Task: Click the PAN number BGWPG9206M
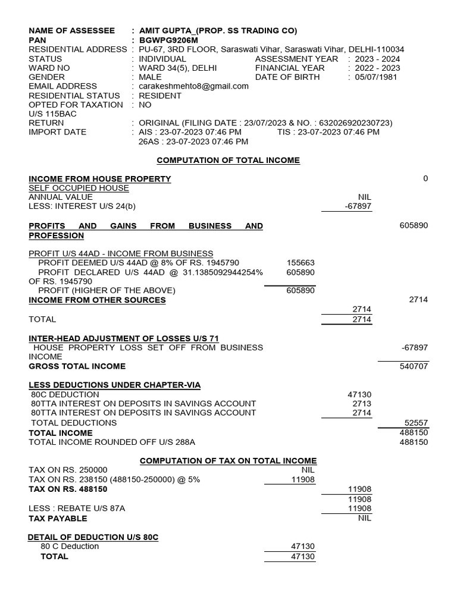(x=167, y=40)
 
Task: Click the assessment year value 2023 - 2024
(x=378, y=59)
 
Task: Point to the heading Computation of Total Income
(x=228, y=161)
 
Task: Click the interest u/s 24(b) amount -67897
(x=358, y=206)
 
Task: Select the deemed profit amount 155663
(x=301, y=263)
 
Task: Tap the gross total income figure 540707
(x=414, y=366)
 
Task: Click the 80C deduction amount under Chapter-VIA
(x=359, y=394)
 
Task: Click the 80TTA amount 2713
(x=361, y=404)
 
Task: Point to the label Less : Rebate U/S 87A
(x=77, y=508)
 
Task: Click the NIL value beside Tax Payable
(x=364, y=518)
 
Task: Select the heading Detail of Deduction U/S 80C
(x=93, y=538)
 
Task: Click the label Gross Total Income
(x=77, y=366)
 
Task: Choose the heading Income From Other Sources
(x=97, y=300)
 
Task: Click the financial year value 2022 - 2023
(x=378, y=68)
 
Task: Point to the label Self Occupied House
(x=79, y=188)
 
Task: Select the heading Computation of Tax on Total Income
(x=228, y=461)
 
